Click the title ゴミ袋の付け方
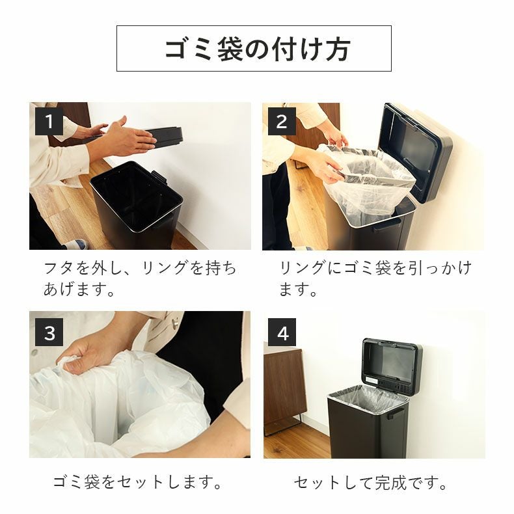pyautogui.click(x=257, y=49)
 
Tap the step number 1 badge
pyautogui.click(x=48, y=122)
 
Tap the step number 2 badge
pyautogui.click(x=281, y=122)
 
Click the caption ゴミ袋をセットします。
pyautogui.click(x=138, y=483)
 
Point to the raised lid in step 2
pyautogui.click(x=416, y=150)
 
